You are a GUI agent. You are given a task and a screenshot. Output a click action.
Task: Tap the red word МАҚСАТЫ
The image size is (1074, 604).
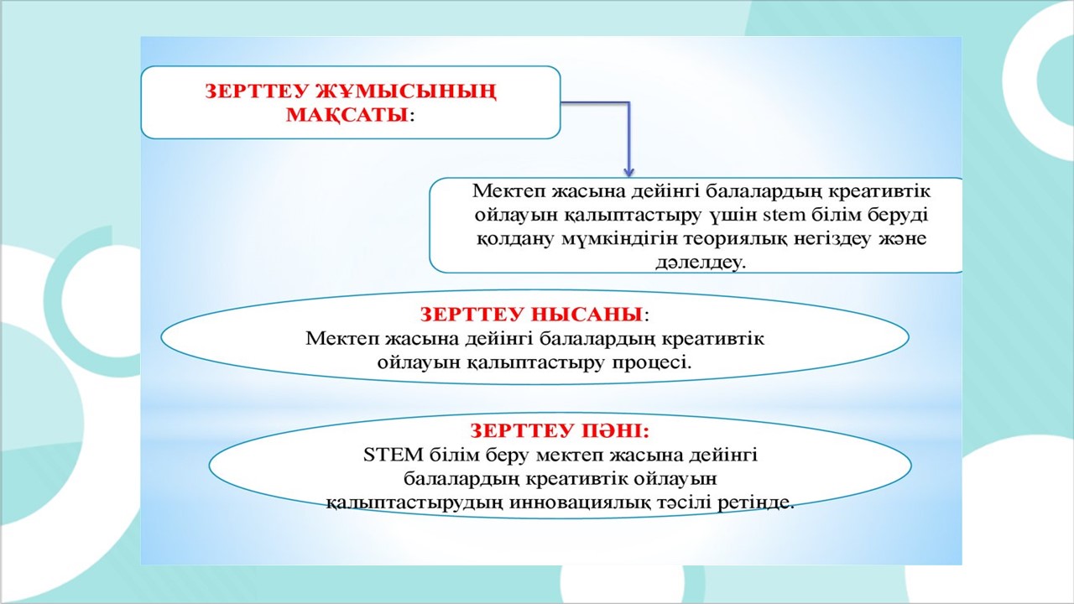tap(347, 115)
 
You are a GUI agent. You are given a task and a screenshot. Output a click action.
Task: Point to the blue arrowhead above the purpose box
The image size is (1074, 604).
tap(628, 171)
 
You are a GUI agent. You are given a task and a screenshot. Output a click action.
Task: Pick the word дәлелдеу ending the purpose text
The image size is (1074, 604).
tap(700, 263)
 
